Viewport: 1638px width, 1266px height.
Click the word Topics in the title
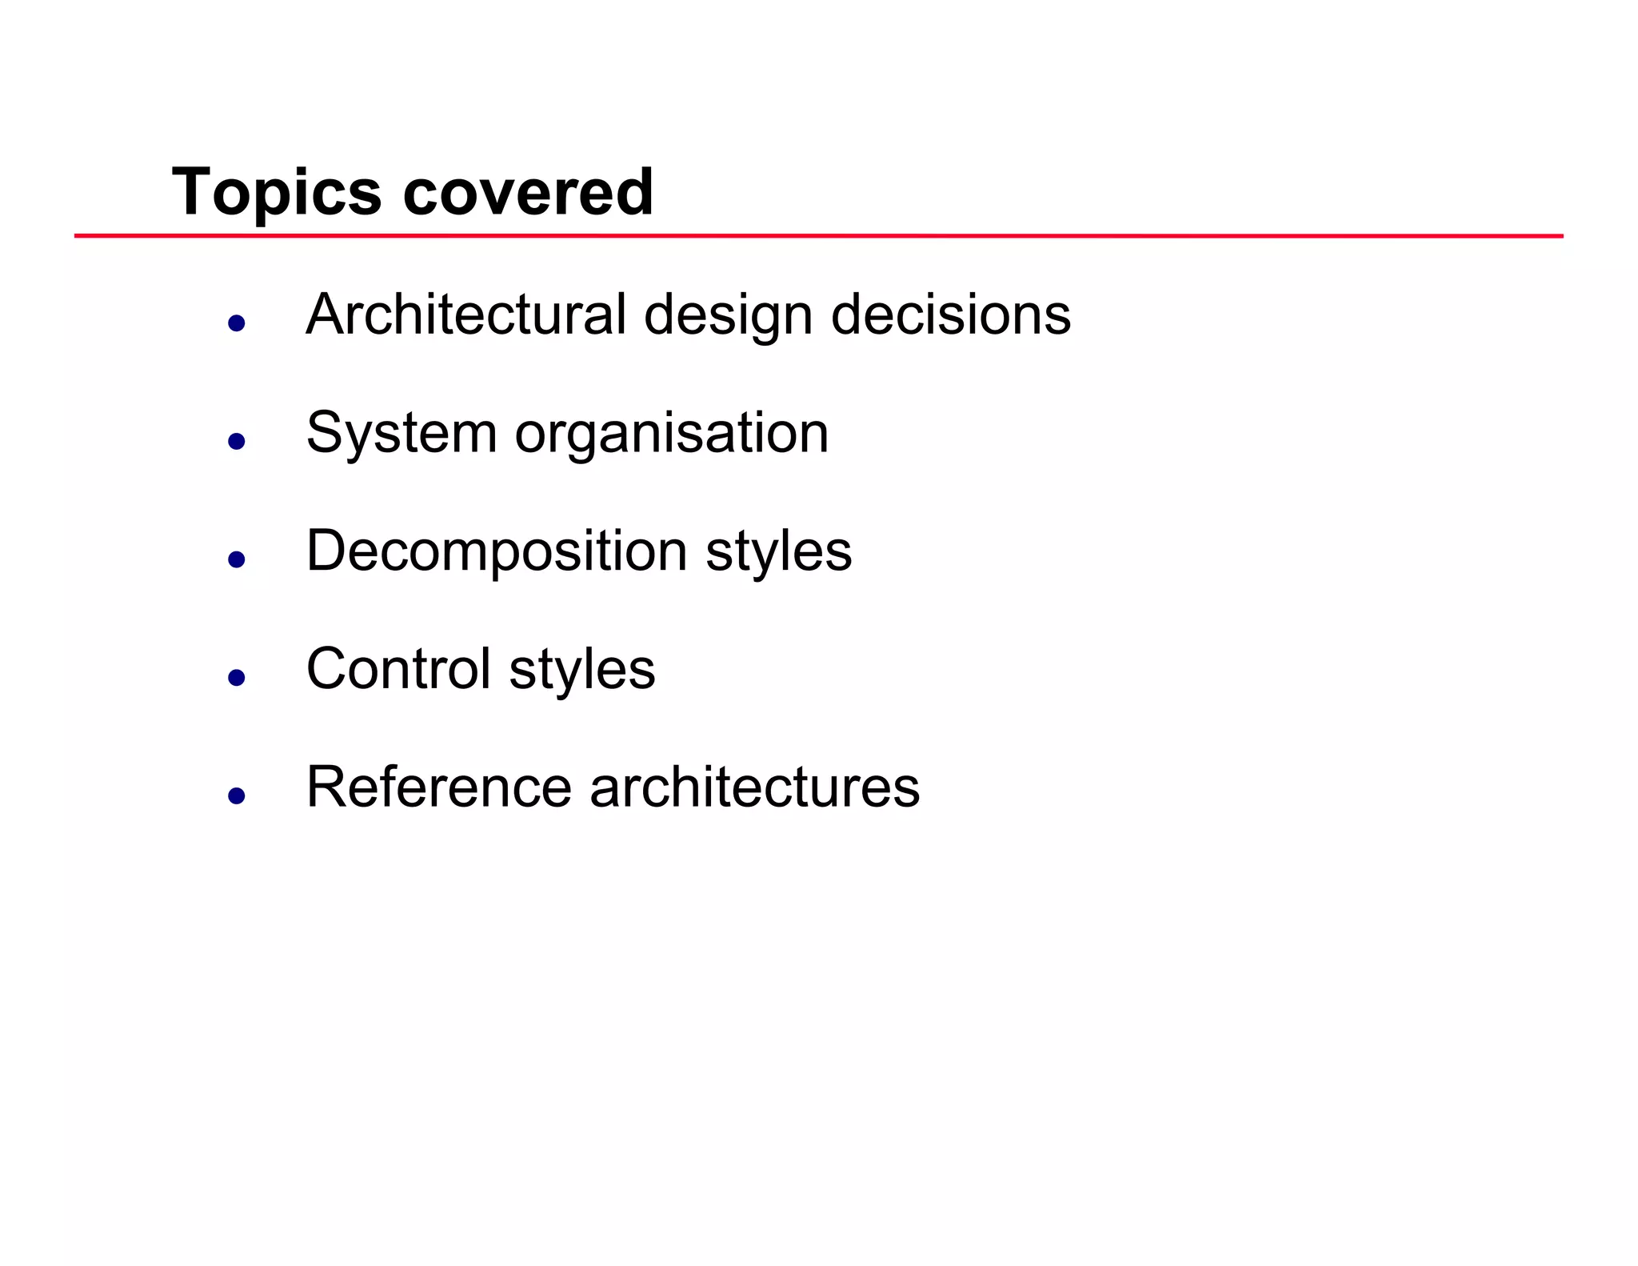pos(277,193)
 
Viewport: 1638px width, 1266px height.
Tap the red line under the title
pos(818,236)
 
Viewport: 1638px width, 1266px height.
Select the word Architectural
pos(465,314)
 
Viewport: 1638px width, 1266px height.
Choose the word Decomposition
pos(496,552)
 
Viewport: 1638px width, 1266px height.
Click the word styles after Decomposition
pos(779,552)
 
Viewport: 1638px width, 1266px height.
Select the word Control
pos(398,669)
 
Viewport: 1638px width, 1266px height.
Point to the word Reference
pos(439,787)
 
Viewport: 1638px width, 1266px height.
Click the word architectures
pos(754,787)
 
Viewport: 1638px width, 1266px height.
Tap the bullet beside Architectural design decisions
pos(236,323)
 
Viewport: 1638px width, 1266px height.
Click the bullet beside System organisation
pos(236,441)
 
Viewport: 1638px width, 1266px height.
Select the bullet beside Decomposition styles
pos(236,559)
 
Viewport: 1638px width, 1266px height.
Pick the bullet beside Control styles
pos(236,678)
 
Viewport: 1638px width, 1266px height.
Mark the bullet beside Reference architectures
pos(236,795)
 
